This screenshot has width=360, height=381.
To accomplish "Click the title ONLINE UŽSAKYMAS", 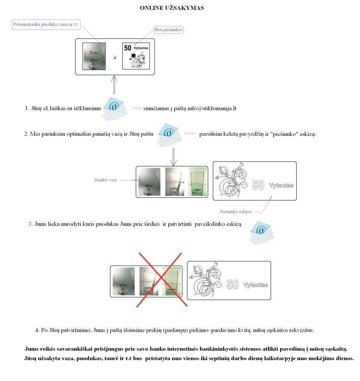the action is [172, 8].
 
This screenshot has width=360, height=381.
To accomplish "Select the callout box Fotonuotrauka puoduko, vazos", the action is [46, 25].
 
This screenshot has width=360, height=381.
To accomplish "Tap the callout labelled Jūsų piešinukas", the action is [168, 30].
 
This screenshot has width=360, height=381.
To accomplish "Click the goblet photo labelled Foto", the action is [94, 56].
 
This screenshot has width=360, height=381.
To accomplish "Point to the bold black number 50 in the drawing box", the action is [128, 48].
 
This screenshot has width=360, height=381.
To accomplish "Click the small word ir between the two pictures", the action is [115, 58].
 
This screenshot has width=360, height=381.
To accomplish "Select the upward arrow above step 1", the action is [114, 84].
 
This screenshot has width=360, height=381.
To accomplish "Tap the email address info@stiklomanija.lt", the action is [212, 108].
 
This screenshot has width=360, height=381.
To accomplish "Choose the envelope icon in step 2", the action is [170, 135].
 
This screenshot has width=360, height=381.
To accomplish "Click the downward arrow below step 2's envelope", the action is [173, 157].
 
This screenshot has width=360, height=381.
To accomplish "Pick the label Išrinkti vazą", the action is [106, 180].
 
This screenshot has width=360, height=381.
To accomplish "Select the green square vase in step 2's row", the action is [197, 182].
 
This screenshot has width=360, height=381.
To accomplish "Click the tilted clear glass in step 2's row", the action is [175, 182].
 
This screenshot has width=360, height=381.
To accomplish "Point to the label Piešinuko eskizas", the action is [236, 211].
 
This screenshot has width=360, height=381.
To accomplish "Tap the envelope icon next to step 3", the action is [262, 233].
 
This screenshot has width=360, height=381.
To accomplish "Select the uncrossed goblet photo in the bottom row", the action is [124, 281].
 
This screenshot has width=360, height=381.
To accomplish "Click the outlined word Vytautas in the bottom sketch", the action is [256, 285].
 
